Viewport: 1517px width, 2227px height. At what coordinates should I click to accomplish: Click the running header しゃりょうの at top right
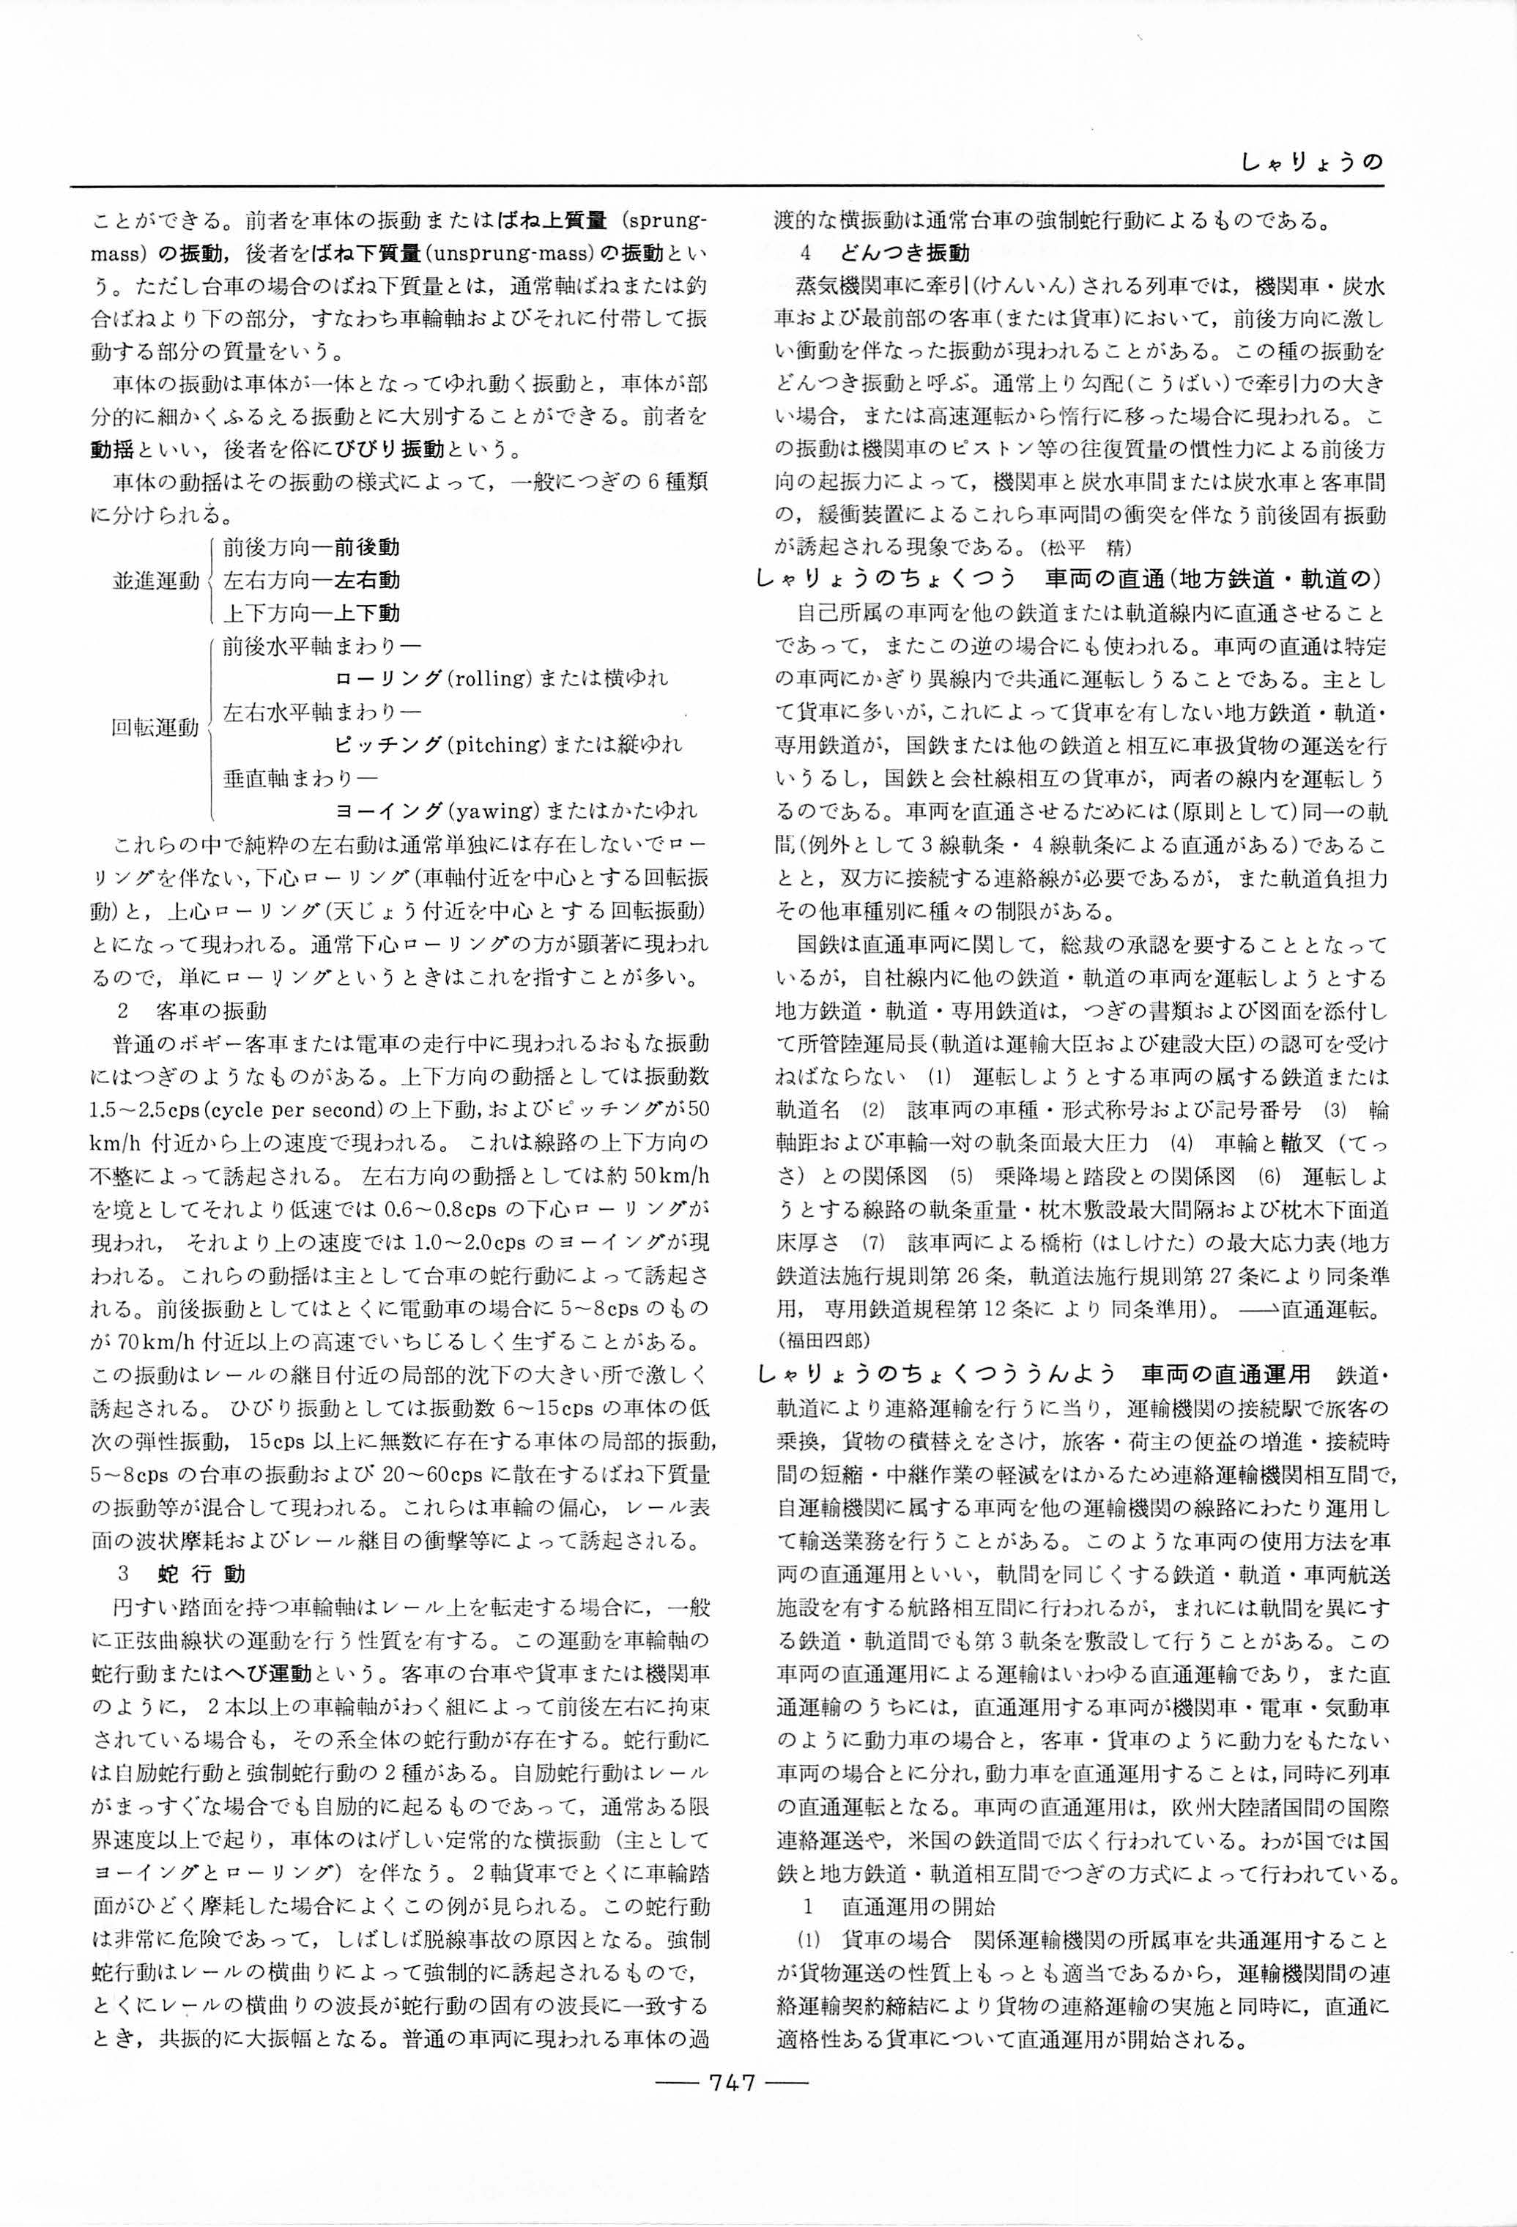(1312, 163)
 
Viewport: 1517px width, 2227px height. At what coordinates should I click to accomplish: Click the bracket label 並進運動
(155, 580)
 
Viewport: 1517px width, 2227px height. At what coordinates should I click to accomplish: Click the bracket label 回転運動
(155, 727)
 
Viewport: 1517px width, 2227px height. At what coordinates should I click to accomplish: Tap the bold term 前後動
(367, 547)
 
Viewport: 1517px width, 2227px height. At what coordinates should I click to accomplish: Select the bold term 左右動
(367, 580)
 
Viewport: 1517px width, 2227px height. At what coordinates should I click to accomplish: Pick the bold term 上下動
(367, 612)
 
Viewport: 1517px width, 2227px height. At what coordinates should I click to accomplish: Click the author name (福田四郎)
(821, 1336)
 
